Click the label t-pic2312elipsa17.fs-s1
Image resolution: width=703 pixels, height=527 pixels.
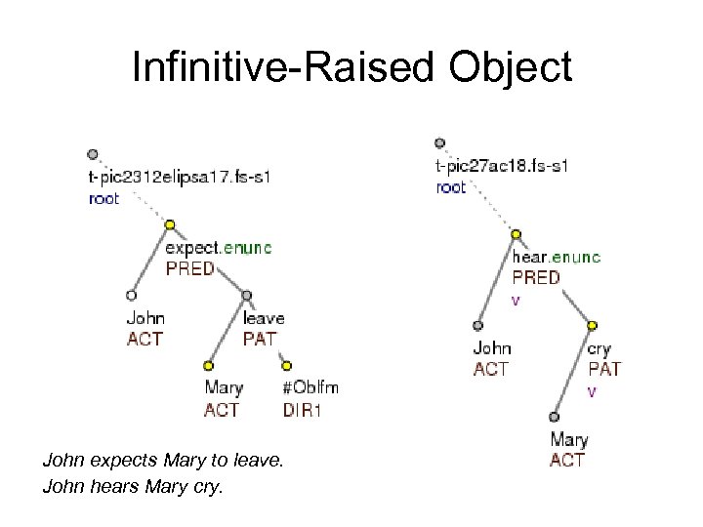tap(179, 178)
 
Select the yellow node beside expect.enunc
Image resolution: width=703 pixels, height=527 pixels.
tap(169, 225)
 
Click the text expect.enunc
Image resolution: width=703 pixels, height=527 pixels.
tap(219, 248)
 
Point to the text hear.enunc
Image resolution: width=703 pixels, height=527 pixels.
tap(557, 258)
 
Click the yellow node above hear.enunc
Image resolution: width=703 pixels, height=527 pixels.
tap(516, 234)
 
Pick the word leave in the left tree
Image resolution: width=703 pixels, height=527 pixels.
tap(263, 318)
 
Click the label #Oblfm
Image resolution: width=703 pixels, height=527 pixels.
tap(310, 387)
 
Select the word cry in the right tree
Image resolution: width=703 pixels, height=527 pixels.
tap(600, 348)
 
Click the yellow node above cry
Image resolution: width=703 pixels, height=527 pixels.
tap(593, 326)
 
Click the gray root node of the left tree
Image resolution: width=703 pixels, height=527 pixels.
tap(92, 154)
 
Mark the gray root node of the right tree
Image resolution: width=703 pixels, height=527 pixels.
tap(440, 143)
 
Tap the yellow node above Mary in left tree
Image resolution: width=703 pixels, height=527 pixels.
tap(208, 366)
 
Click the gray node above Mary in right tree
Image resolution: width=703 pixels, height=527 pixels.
tap(554, 417)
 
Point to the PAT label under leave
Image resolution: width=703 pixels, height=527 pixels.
tap(259, 340)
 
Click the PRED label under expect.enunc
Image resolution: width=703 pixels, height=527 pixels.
tap(189, 268)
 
